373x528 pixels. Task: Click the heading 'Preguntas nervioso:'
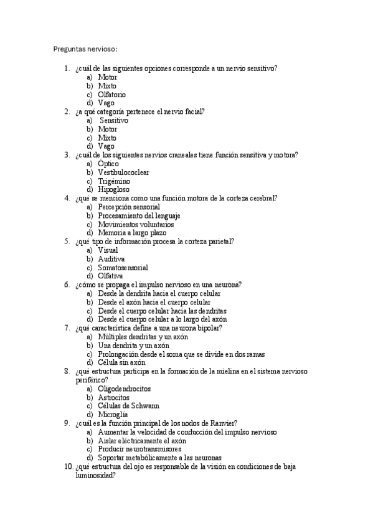(85, 49)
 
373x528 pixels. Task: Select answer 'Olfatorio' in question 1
(111, 95)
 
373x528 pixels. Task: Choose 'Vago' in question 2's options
(106, 146)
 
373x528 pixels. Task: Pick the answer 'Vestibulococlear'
(123, 172)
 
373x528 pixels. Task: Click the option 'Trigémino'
(114, 181)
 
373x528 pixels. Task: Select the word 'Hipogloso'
(114, 189)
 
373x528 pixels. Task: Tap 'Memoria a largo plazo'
(132, 233)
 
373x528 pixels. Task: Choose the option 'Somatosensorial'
(123, 267)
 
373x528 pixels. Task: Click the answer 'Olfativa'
(111, 276)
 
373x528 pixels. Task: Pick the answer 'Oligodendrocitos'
(124, 388)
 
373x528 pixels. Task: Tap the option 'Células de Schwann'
(128, 405)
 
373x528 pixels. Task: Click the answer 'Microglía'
(113, 414)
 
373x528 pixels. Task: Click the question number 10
(68, 466)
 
